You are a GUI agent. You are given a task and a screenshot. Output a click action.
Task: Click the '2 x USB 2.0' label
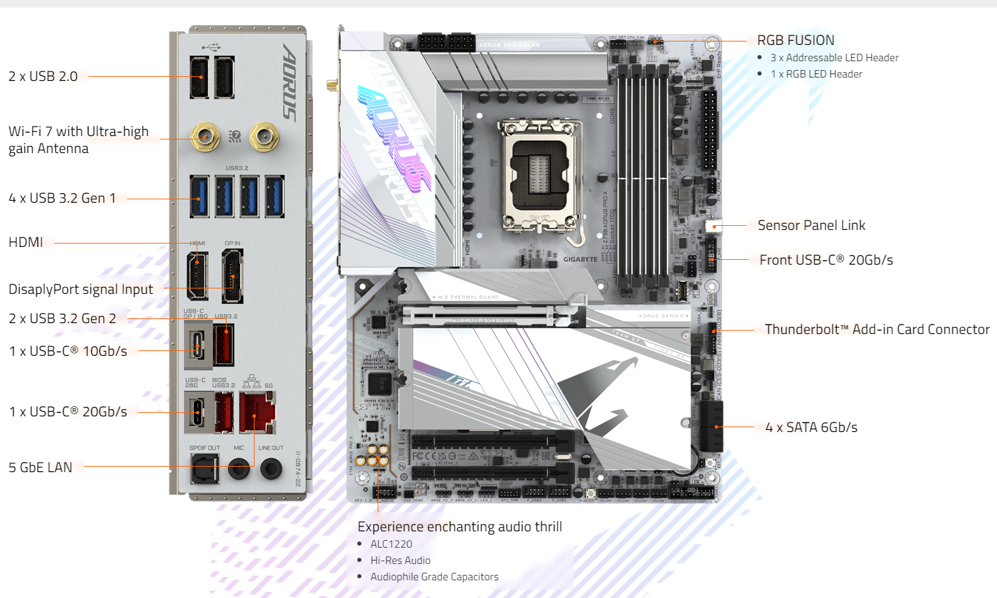(x=43, y=76)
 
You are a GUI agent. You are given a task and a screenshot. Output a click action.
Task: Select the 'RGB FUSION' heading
(x=796, y=40)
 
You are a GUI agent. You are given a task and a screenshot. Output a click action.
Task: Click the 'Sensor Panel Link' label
(x=811, y=225)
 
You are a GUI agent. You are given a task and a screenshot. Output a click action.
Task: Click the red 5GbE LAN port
(x=257, y=412)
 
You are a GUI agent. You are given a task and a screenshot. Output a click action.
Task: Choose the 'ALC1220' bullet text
(x=391, y=544)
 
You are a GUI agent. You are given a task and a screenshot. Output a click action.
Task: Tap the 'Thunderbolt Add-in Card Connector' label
(x=877, y=329)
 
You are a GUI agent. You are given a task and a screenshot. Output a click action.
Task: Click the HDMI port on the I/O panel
(x=198, y=276)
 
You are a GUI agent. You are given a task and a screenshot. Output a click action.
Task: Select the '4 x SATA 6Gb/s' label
(x=811, y=427)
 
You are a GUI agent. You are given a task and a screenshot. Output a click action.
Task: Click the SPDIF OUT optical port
(x=204, y=469)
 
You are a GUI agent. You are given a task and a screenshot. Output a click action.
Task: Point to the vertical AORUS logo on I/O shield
(x=290, y=82)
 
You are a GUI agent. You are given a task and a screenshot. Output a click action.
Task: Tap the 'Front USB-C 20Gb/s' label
(x=826, y=260)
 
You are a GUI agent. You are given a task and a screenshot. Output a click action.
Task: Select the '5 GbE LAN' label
(x=40, y=467)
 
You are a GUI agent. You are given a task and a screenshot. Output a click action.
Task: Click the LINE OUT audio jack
(x=271, y=468)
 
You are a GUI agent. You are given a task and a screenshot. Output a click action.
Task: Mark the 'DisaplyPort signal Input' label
(x=80, y=289)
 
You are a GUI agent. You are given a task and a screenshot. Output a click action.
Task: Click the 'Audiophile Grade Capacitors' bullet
(x=434, y=576)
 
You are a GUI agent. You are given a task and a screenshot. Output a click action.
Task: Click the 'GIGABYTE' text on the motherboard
(x=580, y=259)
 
